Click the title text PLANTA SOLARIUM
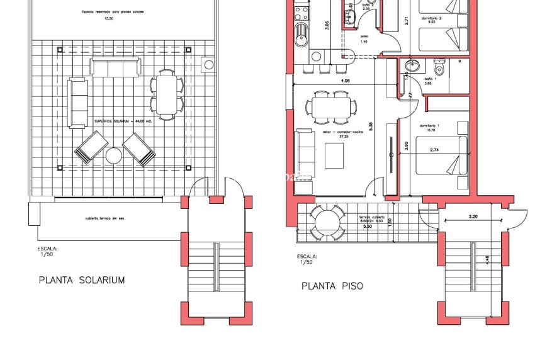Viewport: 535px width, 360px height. tap(82, 280)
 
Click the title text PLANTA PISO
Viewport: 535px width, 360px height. tap(332, 286)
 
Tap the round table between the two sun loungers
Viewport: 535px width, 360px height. tap(115, 156)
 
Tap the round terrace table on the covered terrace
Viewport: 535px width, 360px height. tap(327, 221)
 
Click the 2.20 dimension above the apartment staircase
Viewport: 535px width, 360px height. tap(473, 217)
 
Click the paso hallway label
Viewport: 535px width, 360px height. tap(364, 37)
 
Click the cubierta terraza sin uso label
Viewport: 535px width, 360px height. tap(106, 219)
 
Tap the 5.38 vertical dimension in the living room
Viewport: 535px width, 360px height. tap(372, 126)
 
